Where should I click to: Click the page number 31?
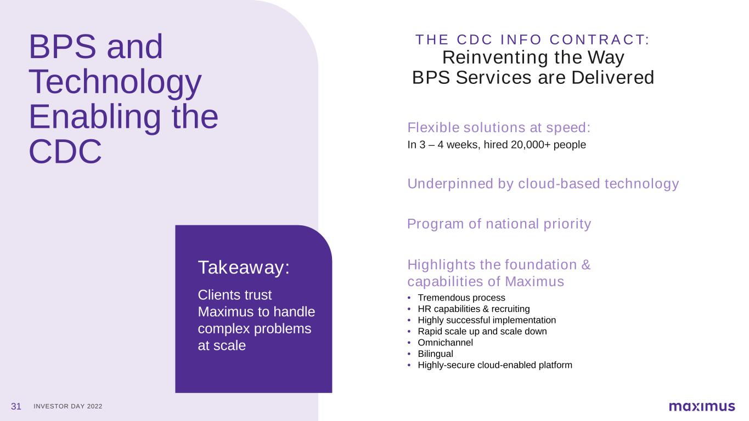pyautogui.click(x=16, y=406)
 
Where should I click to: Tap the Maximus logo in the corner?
pyautogui.click(x=702, y=406)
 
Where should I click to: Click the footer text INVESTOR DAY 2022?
pyautogui.click(x=68, y=406)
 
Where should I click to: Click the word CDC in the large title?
pyautogui.click(x=65, y=152)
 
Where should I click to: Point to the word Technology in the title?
pyautogui.click(x=115, y=82)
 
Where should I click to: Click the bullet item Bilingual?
pyautogui.click(x=435, y=354)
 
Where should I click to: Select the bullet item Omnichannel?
pyautogui.click(x=445, y=343)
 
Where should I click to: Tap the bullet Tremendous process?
pyautogui.click(x=461, y=298)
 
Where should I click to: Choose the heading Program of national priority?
pyautogui.click(x=499, y=224)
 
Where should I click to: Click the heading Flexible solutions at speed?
pyautogui.click(x=499, y=128)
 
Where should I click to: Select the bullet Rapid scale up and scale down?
pyautogui.click(x=482, y=332)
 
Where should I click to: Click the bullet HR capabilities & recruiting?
pyautogui.click(x=474, y=309)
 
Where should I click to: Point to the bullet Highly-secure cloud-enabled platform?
pyautogui.click(x=495, y=365)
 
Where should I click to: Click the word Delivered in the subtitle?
pyautogui.click(x=612, y=77)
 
